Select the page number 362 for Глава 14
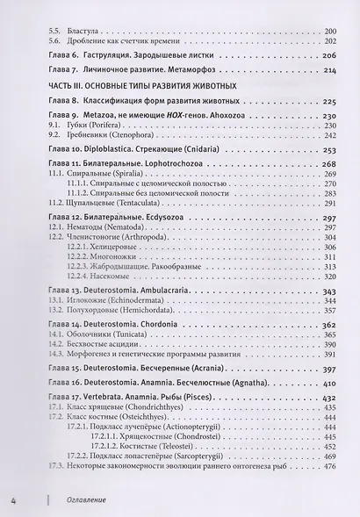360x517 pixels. pos(328,324)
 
